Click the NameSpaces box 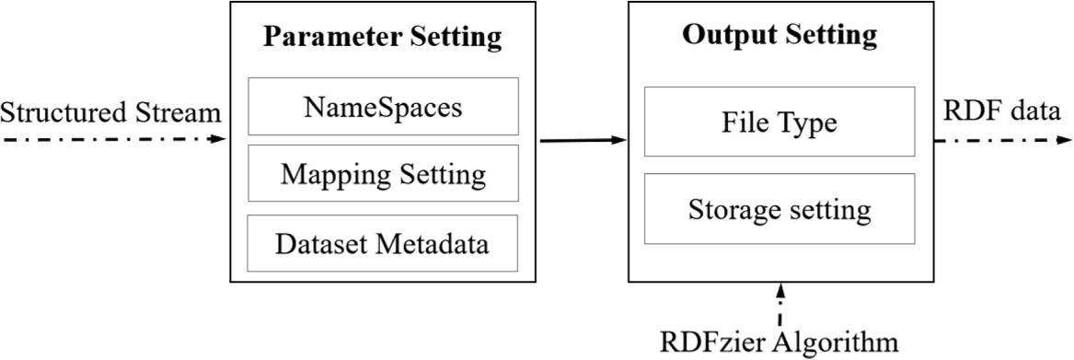pyautogui.click(x=383, y=108)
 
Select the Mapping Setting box pyautogui.click(x=383, y=173)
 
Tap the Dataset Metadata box pyautogui.click(x=383, y=244)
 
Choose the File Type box pyautogui.click(x=780, y=122)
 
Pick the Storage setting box pyautogui.click(x=780, y=209)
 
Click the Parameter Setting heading pyautogui.click(x=383, y=37)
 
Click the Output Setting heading pyautogui.click(x=780, y=35)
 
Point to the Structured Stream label pyautogui.click(x=111, y=113)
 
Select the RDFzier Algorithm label pyautogui.click(x=780, y=342)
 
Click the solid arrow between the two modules pyautogui.click(x=583, y=140)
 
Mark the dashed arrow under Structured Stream pyautogui.click(x=111, y=139)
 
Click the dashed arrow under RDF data pyautogui.click(x=1003, y=140)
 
